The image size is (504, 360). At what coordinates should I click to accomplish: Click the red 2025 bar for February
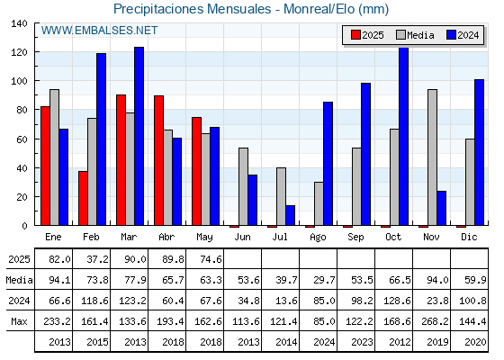click(x=83, y=198)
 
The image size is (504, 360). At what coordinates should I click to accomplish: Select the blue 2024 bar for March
click(x=139, y=136)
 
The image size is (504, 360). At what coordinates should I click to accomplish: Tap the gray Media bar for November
click(x=432, y=157)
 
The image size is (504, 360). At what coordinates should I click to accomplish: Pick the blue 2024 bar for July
click(x=290, y=215)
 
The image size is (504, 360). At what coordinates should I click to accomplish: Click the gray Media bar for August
click(x=319, y=203)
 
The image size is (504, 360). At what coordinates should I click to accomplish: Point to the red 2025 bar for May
click(x=196, y=171)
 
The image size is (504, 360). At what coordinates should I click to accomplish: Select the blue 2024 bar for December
click(x=479, y=152)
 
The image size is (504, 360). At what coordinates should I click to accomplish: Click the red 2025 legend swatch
click(x=355, y=35)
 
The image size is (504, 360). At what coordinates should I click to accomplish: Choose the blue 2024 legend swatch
click(x=451, y=35)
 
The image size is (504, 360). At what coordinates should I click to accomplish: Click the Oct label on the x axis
click(x=393, y=237)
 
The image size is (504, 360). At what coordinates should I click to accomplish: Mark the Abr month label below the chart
click(x=166, y=237)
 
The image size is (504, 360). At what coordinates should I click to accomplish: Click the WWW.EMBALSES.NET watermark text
click(x=99, y=31)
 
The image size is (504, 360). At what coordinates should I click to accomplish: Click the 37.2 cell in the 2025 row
click(x=98, y=259)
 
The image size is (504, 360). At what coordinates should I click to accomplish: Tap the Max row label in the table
click(x=19, y=321)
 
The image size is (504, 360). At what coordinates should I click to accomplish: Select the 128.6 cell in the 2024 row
click(x=397, y=301)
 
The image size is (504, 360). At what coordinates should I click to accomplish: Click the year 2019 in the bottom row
click(x=437, y=342)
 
